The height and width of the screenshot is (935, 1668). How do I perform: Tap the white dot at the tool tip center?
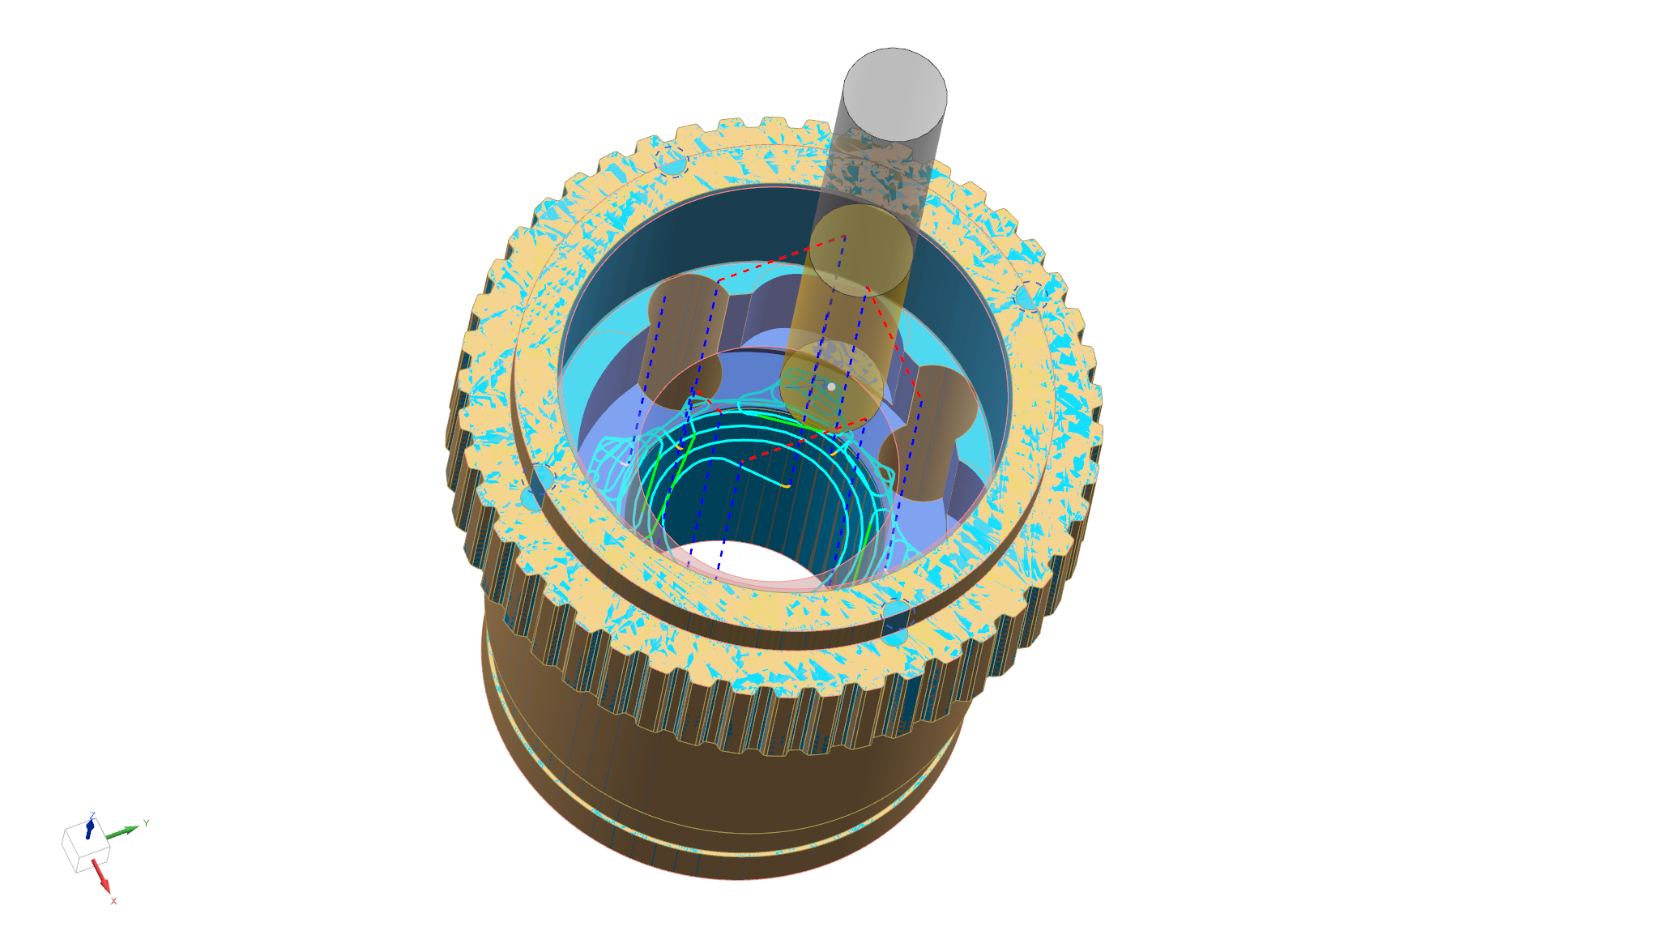831,386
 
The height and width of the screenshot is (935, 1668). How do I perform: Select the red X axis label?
113,901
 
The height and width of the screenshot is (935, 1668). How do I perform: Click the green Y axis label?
146,823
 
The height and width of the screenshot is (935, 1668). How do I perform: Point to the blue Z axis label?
92,816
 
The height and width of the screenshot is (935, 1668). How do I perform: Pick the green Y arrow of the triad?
122,832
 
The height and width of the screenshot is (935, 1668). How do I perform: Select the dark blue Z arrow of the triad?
90,829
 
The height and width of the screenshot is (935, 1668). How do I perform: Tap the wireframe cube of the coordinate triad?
85,847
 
